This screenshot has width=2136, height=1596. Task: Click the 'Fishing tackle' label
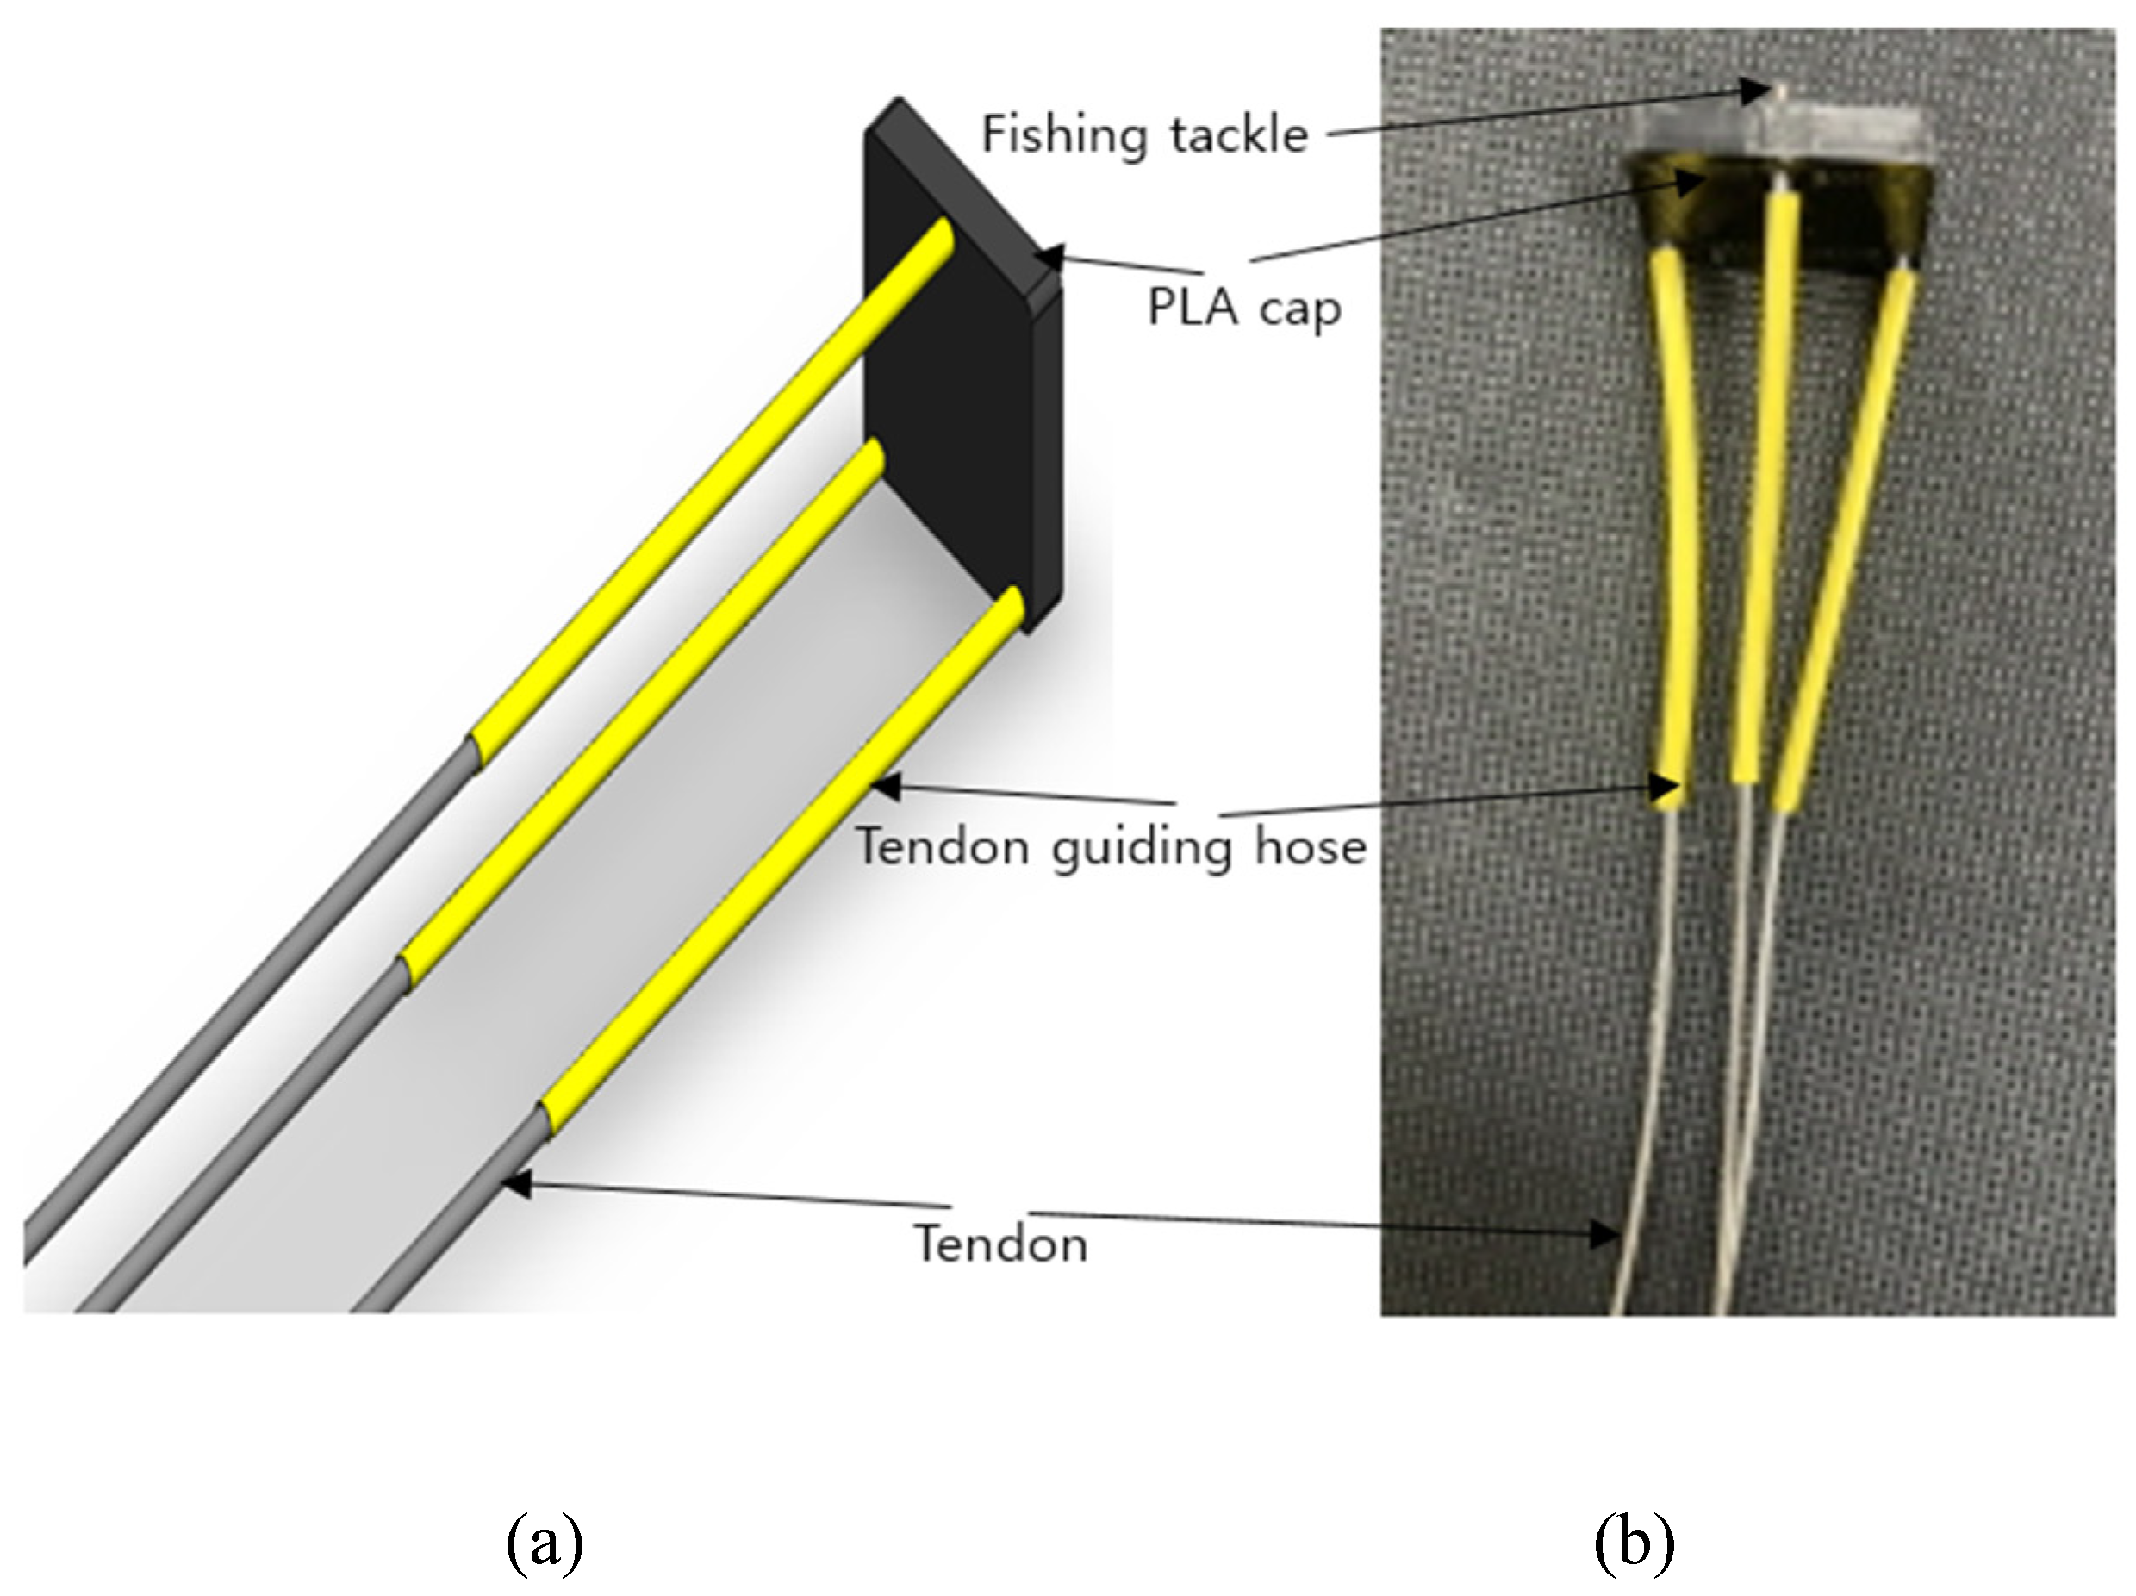1144,134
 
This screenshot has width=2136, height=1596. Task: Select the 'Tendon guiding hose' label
1112,847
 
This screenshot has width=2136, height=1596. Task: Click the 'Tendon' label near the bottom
1001,1244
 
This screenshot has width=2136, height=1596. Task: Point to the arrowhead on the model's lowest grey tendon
517,1182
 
